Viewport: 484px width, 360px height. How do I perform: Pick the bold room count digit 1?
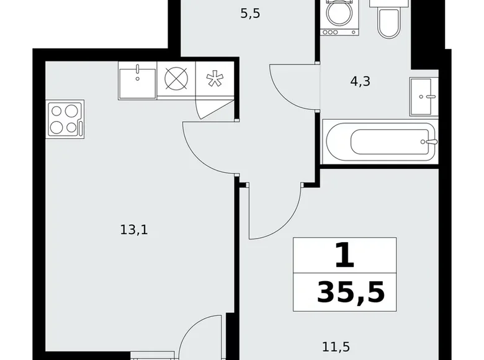click(x=344, y=256)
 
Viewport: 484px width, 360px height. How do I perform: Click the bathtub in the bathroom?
click(x=380, y=142)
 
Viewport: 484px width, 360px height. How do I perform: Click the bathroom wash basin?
click(x=424, y=97)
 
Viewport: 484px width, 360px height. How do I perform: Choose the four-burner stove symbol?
click(x=65, y=119)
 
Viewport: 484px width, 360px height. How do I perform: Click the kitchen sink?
click(x=137, y=80)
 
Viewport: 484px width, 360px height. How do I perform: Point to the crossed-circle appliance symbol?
click(x=176, y=80)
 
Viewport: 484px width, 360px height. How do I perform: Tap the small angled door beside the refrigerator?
click(x=214, y=109)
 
